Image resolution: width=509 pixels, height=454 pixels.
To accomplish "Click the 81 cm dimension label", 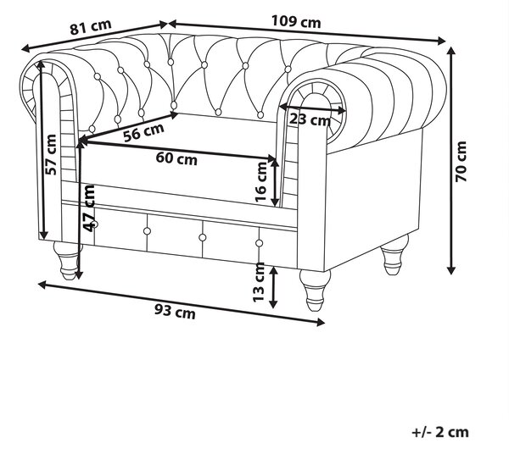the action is point(91,26).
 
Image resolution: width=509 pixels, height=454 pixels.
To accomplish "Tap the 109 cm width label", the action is point(296,22).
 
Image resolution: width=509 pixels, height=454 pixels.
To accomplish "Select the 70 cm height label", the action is point(461,162).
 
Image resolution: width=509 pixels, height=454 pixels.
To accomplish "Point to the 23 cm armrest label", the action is point(310,119).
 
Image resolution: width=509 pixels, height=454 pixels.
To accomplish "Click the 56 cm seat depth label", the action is point(144,132).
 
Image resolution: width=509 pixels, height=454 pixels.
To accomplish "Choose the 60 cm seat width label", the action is point(176,158).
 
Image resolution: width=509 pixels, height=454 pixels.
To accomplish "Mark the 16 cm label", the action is point(260,181).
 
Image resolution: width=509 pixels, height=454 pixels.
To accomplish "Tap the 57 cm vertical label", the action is point(51,154).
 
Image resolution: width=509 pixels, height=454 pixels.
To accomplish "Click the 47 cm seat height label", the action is point(88,208).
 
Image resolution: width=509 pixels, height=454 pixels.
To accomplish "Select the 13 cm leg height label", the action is point(260,282).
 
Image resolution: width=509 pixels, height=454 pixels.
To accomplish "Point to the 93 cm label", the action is point(175,312).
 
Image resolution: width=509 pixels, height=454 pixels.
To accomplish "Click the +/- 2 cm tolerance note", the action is point(440,432).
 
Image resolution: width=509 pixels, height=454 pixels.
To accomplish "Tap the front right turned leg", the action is point(315,290).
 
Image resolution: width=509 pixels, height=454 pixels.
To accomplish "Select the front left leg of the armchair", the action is point(68,260).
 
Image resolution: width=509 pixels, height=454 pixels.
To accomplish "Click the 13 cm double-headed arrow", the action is point(273,287).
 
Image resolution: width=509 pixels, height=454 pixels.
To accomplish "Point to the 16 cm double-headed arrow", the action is point(275,182).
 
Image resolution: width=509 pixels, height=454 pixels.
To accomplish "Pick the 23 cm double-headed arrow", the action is point(313,108).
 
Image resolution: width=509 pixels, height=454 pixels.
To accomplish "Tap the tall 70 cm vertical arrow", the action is point(451,160).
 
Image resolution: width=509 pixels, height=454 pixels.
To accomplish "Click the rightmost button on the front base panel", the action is point(259,243).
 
